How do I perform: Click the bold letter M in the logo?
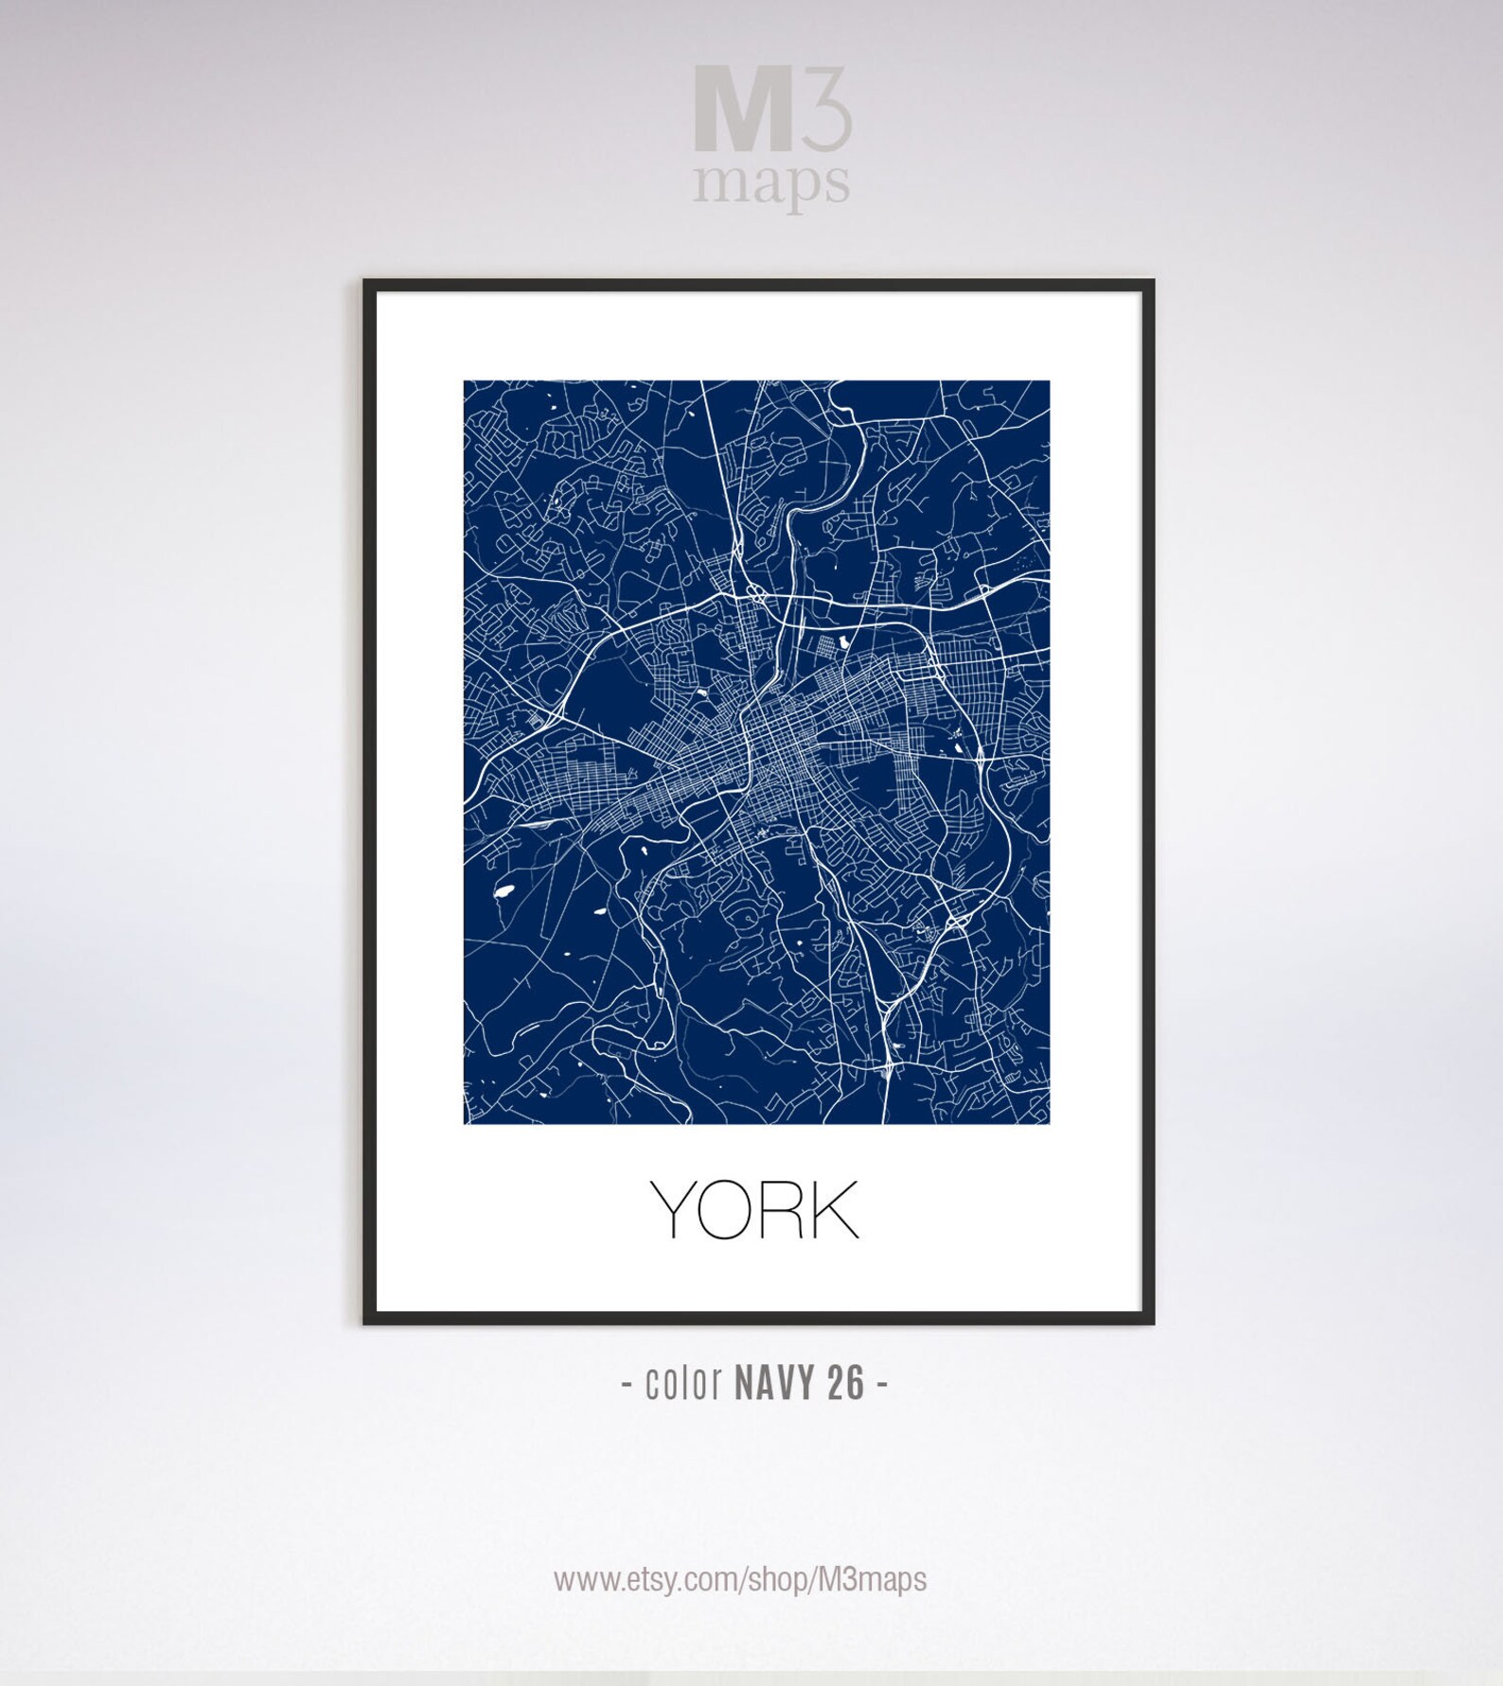[742, 109]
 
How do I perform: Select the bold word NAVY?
[773, 1383]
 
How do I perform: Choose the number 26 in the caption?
[845, 1383]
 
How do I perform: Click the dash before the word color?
[627, 1385]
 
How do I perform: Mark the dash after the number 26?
[882, 1385]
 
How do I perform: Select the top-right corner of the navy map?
[1048, 382]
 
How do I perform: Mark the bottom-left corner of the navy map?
[465, 1122]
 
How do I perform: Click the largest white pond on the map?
[502, 890]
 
